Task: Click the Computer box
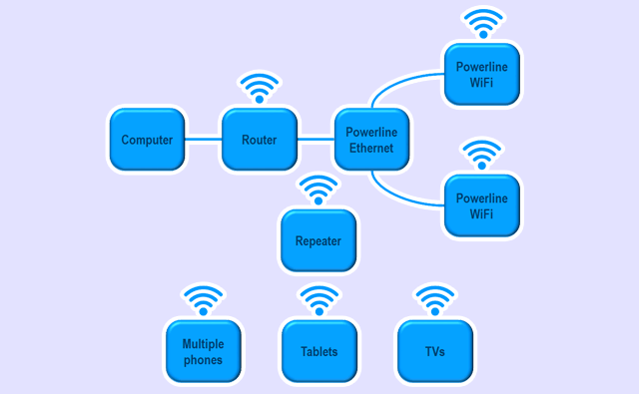click(147, 140)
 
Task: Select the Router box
click(260, 140)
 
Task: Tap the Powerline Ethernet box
click(370, 140)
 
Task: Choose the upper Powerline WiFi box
click(482, 75)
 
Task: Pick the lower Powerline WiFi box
click(482, 204)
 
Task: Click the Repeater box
click(319, 240)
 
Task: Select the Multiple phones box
click(203, 351)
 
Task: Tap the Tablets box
click(319, 351)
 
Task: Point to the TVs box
click(434, 351)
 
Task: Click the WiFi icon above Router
click(260, 88)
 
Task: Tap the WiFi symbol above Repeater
click(319, 190)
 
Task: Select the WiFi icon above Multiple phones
click(203, 300)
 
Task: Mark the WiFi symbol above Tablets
click(319, 300)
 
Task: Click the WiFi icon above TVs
click(434, 300)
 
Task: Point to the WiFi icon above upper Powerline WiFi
click(482, 24)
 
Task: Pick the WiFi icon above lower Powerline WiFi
click(482, 155)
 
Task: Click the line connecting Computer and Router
click(204, 140)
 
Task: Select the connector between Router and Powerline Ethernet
click(316, 140)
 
